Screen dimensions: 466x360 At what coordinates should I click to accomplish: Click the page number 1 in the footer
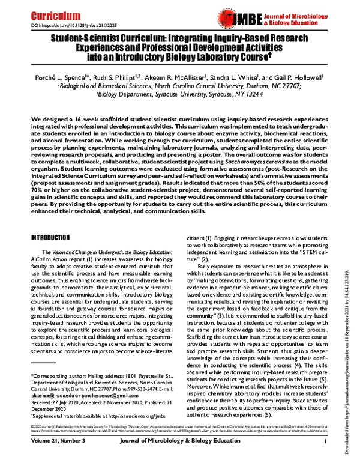coord(323,458)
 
